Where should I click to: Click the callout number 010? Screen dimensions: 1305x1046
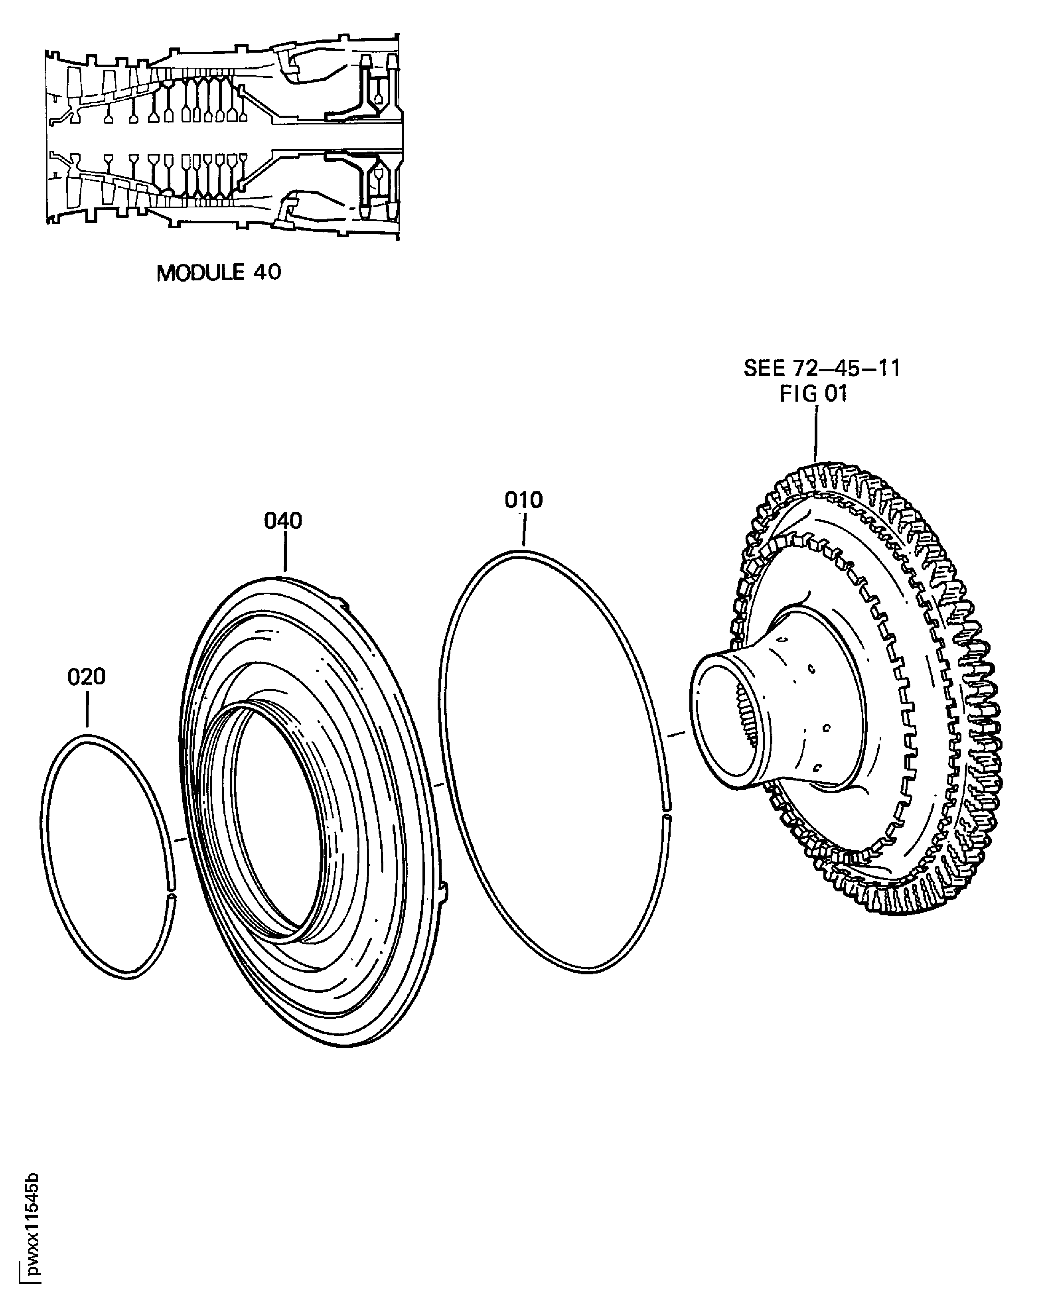point(524,500)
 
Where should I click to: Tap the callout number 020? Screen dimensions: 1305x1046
point(87,677)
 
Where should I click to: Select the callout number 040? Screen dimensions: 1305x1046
point(283,520)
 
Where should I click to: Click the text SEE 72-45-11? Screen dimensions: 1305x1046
point(821,368)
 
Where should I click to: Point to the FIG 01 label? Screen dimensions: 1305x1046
point(813,394)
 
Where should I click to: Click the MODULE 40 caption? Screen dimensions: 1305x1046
point(219,272)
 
